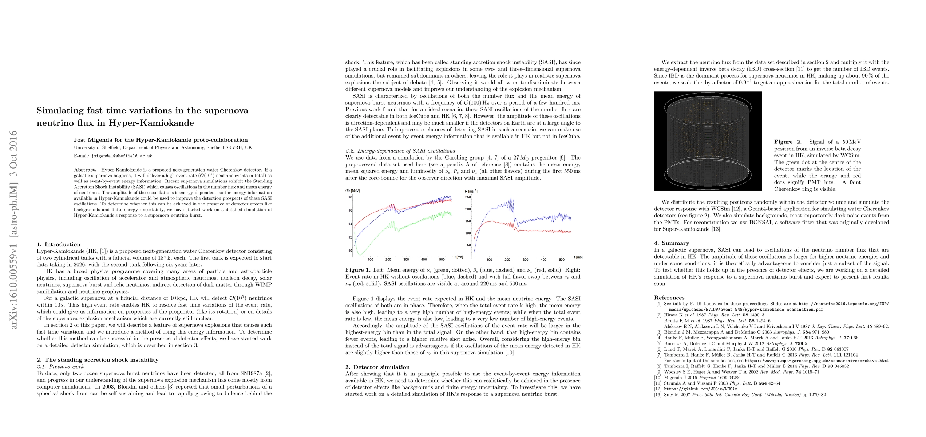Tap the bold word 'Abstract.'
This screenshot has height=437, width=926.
click(x=85, y=170)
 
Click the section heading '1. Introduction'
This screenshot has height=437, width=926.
click(x=59, y=244)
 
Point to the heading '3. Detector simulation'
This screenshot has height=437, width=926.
click(x=377, y=367)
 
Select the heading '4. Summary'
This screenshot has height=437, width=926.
click(x=672, y=243)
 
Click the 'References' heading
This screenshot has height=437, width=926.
click(x=669, y=298)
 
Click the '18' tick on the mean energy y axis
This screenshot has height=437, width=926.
click(x=350, y=197)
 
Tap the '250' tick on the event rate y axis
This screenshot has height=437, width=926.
click(x=468, y=197)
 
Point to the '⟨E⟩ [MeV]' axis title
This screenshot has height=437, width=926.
click(x=352, y=191)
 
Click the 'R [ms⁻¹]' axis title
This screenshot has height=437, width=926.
click(x=471, y=191)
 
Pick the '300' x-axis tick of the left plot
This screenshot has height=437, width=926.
click(x=406, y=260)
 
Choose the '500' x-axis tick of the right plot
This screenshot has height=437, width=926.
click(x=561, y=260)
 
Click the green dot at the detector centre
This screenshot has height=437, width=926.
click(x=708, y=137)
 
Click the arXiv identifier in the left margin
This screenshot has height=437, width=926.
click(x=14, y=229)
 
